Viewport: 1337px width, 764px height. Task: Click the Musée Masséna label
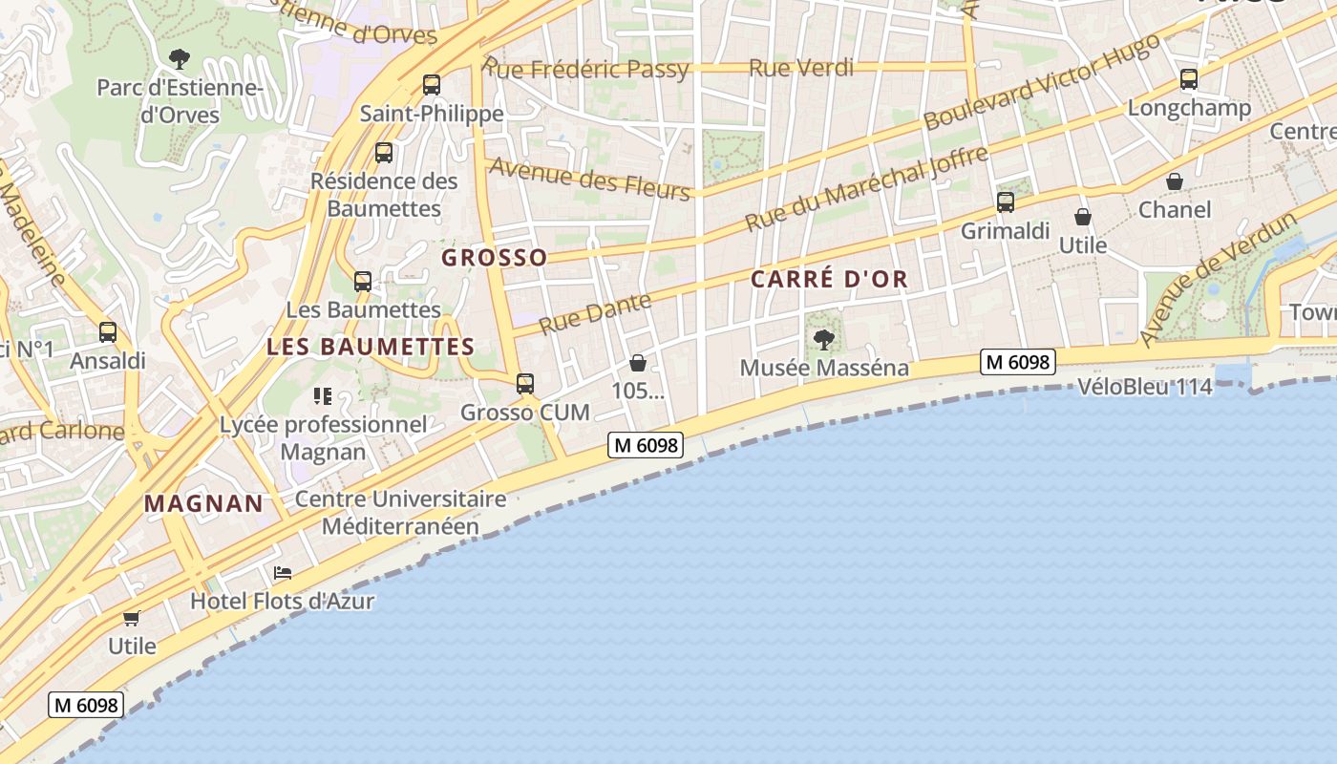point(824,368)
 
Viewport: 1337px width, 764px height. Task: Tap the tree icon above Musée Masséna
point(823,339)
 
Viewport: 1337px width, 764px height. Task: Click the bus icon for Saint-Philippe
point(432,85)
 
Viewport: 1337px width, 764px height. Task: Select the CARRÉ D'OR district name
point(829,280)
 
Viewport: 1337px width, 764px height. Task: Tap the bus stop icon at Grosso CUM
point(525,384)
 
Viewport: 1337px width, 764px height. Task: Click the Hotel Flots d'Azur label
point(282,602)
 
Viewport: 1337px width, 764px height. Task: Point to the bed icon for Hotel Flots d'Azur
point(283,573)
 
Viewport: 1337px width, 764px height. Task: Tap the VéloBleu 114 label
point(1144,387)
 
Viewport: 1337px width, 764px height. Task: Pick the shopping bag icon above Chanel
point(1175,181)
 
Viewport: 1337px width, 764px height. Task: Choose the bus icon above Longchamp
point(1189,79)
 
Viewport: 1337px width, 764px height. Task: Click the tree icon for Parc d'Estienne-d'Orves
point(179,59)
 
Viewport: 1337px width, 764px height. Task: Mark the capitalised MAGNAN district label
point(203,504)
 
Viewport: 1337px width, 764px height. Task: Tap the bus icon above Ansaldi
point(108,332)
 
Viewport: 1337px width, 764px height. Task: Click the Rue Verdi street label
point(801,68)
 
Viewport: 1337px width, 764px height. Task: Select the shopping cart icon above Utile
point(132,618)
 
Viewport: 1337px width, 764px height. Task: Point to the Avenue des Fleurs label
point(589,179)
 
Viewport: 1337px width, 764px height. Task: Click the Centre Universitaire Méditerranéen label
point(400,513)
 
